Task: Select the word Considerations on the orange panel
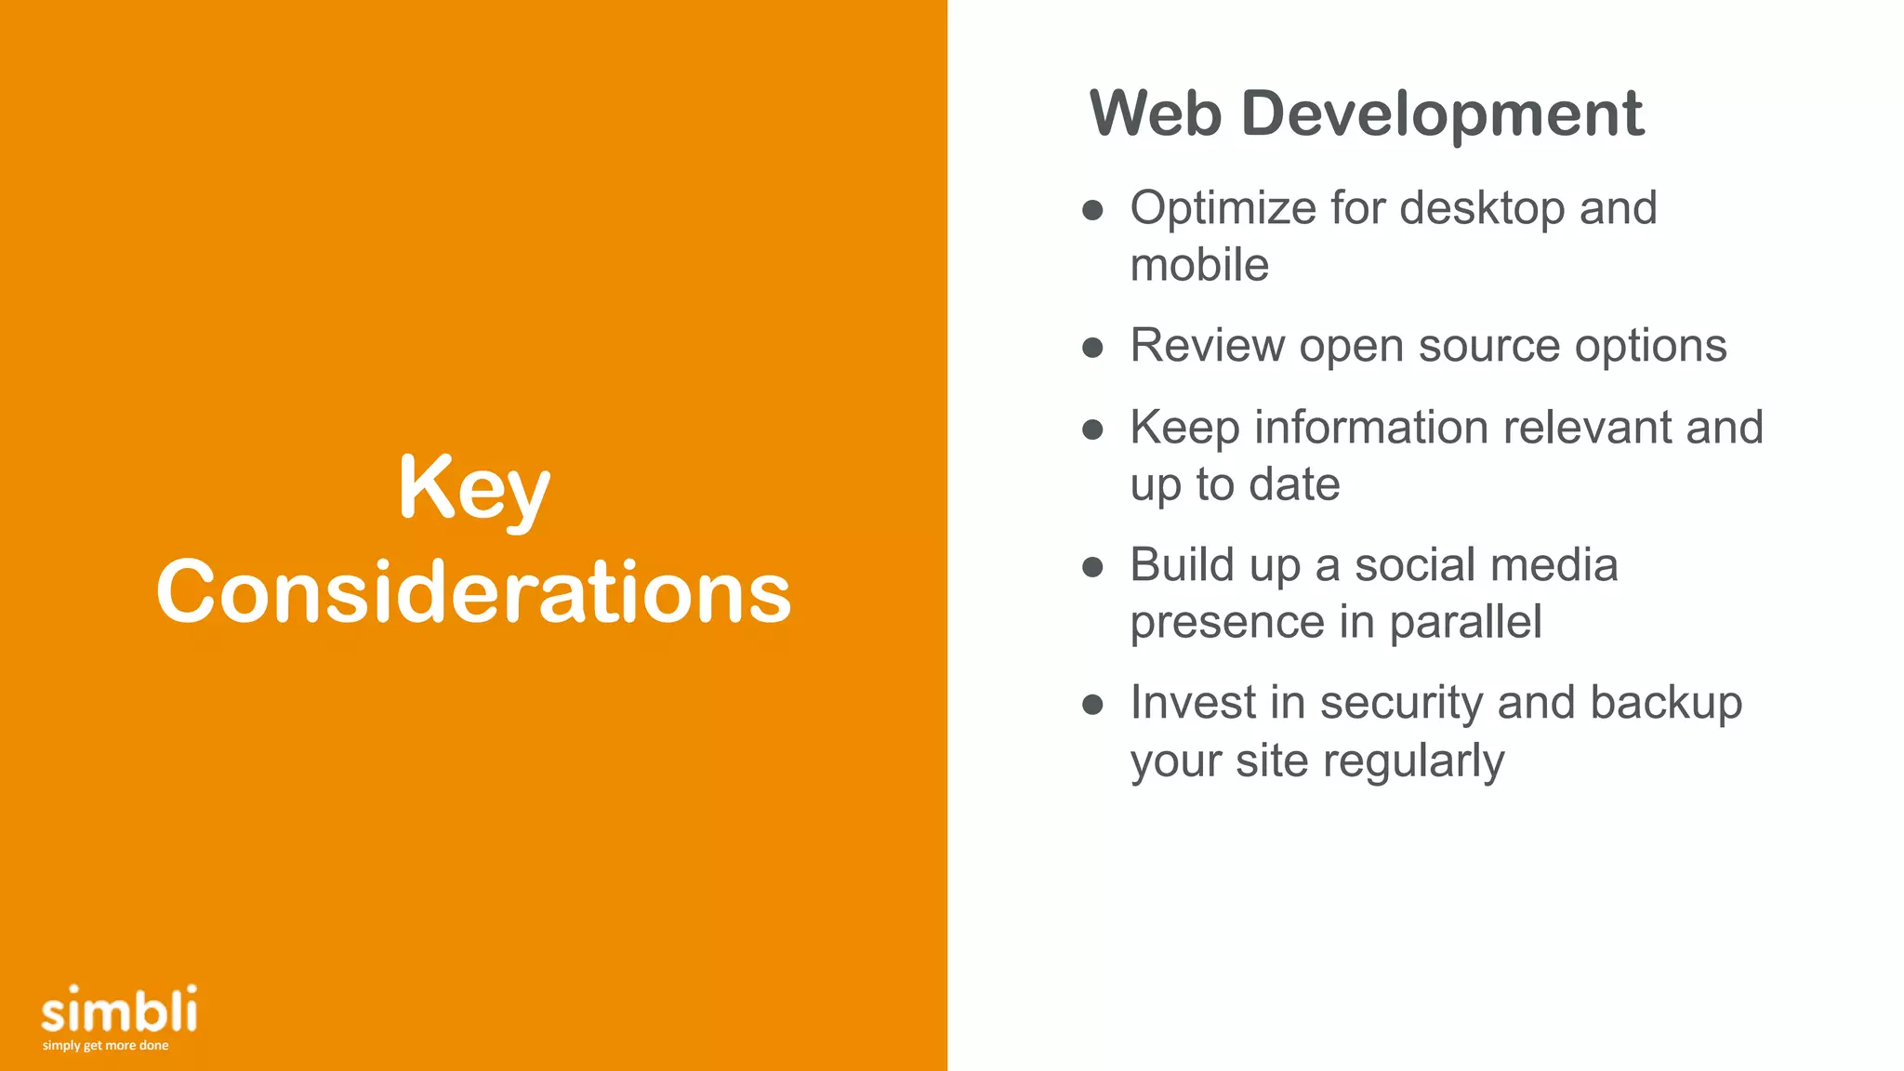click(x=474, y=592)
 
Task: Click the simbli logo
click(x=119, y=1010)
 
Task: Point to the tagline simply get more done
click(x=105, y=1046)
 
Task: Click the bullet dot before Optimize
click(x=1093, y=210)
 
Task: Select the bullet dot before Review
click(x=1093, y=349)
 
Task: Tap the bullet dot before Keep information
click(x=1093, y=430)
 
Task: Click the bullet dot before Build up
click(x=1093, y=567)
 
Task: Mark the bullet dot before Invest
click(x=1093, y=705)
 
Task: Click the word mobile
click(x=1199, y=265)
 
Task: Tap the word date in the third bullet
click(x=1294, y=484)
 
